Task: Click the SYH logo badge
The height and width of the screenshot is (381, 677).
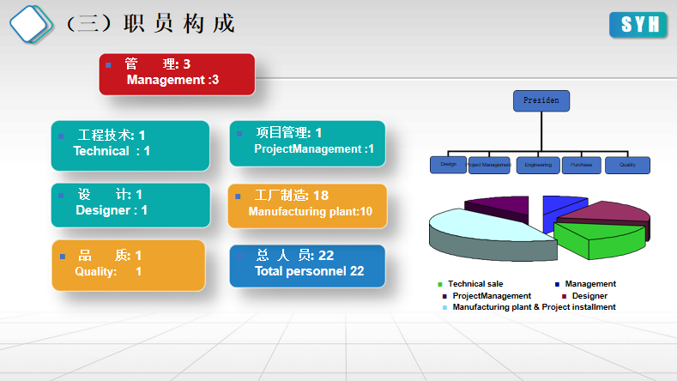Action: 638,25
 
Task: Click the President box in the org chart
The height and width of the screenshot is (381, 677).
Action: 541,101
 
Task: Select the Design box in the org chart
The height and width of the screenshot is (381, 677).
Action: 448,165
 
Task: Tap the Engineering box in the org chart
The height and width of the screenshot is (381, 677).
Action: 538,165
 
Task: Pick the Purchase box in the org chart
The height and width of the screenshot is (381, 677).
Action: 582,165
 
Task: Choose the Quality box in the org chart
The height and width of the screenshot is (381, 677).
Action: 627,165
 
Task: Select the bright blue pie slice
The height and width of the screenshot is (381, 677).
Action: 559,207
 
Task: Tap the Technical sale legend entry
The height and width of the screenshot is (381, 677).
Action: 475,284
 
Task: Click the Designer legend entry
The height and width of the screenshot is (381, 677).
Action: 589,296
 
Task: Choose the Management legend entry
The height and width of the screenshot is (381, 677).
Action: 590,284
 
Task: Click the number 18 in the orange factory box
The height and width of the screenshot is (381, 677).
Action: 320,196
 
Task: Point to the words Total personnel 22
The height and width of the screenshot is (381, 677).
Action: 309,271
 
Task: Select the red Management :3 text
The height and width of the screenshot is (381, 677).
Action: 172,80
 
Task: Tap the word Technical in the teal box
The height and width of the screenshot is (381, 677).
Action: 101,151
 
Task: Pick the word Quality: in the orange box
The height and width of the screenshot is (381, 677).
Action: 96,272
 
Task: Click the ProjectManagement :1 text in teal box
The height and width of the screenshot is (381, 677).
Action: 314,149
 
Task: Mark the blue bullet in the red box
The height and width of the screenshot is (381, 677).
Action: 109,65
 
